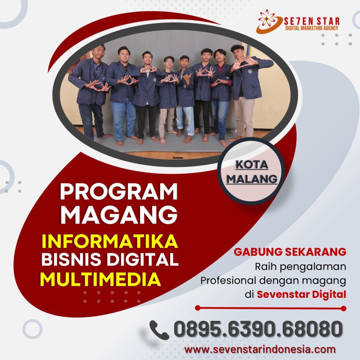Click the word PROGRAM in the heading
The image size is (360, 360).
click(x=119, y=192)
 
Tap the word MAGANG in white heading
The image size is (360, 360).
click(x=119, y=215)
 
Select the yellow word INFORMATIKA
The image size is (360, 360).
click(x=110, y=241)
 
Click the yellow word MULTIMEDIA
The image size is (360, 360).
click(x=101, y=279)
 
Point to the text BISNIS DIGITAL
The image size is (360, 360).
click(x=110, y=259)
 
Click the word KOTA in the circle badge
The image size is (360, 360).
click(x=252, y=165)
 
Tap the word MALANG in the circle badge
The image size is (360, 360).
click(x=252, y=179)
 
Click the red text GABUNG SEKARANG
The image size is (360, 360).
click(x=290, y=252)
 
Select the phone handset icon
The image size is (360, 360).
click(x=159, y=330)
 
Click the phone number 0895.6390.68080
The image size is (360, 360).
click(x=258, y=329)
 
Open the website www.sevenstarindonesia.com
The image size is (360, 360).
click(x=260, y=349)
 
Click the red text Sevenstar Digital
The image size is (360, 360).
click(x=301, y=294)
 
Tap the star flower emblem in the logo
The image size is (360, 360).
click(x=267, y=18)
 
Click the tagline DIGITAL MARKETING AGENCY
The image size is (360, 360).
click(x=311, y=28)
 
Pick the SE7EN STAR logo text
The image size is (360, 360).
click(x=311, y=21)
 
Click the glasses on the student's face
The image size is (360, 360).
click(x=169, y=62)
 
